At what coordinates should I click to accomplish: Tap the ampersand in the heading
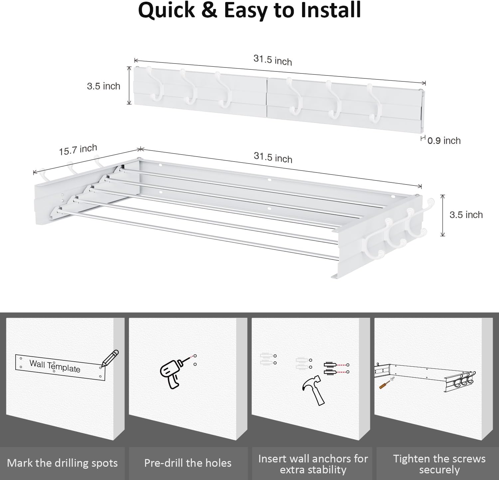[210, 10]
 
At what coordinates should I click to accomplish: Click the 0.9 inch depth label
[444, 141]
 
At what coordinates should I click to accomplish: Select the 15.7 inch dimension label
[78, 150]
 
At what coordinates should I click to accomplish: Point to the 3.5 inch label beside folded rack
[103, 86]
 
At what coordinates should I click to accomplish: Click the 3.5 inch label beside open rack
[466, 215]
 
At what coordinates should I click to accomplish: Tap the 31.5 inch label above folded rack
[272, 60]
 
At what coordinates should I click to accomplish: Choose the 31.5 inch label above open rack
[273, 157]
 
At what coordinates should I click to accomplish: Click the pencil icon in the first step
[110, 358]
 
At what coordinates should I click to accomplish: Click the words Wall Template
[55, 366]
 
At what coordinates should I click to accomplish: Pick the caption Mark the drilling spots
[62, 463]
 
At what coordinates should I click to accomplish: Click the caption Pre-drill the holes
[188, 463]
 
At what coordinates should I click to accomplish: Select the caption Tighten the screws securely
[439, 464]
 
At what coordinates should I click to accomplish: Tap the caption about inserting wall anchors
[313, 464]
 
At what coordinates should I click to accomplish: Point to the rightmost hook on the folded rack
[374, 102]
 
